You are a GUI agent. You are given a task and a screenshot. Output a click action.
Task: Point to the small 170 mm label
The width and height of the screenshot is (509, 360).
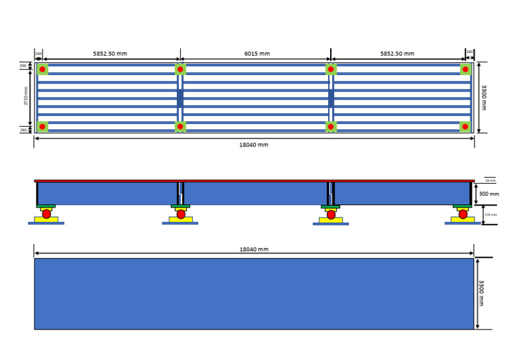coord(490,215)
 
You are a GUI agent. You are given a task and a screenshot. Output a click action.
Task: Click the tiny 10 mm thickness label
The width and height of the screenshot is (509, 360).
coord(490,180)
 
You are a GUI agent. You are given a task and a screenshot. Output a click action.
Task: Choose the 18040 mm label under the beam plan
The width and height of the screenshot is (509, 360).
coord(254,145)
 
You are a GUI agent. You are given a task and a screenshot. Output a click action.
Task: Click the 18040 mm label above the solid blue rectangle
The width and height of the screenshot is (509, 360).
coord(254,249)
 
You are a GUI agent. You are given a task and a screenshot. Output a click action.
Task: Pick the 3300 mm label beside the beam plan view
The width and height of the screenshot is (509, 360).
coord(484,97)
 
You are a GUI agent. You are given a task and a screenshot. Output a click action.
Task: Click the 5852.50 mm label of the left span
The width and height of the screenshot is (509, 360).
coord(110,54)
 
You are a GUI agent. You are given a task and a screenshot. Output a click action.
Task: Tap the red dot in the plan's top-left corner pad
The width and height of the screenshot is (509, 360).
coord(42,69)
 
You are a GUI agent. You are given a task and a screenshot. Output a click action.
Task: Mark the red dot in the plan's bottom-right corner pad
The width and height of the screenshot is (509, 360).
coord(465,127)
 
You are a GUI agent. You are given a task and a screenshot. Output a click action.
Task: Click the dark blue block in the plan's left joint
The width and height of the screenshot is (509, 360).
coord(180,98)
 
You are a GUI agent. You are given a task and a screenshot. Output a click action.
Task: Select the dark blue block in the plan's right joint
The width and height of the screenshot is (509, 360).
coord(331,98)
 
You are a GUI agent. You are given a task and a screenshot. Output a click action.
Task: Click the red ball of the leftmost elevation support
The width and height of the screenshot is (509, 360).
coord(46,214)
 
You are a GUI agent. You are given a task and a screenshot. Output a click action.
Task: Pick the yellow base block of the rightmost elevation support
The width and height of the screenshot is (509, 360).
coord(463,219)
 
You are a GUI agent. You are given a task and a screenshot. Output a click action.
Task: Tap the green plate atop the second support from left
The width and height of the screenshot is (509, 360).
coord(180,206)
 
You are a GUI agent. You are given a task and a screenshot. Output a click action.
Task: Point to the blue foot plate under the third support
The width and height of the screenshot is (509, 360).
coord(331,224)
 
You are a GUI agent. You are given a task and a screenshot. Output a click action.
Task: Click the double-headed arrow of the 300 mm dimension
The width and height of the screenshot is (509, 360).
coord(476,194)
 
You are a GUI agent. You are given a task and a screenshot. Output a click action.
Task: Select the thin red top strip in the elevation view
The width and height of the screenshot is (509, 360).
coord(254,180)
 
